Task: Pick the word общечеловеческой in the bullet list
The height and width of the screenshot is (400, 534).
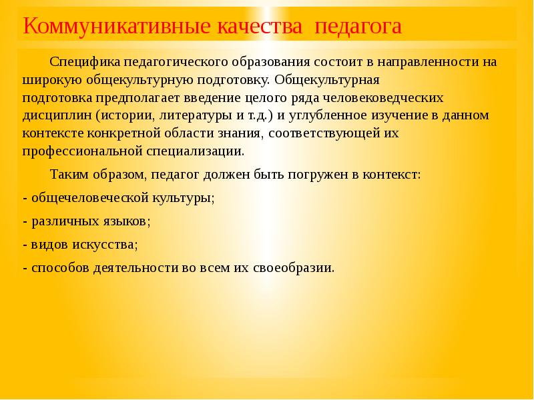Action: click(84, 199)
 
